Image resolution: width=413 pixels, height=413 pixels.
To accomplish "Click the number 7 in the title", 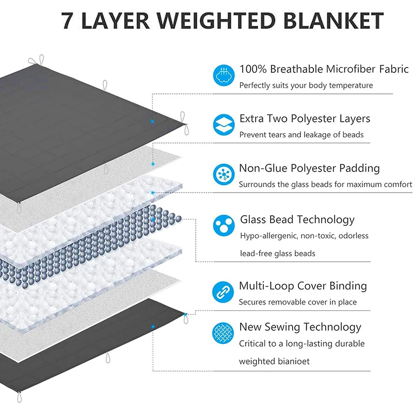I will tap(68, 21).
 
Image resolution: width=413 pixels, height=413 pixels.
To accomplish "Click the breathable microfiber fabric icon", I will tap(224, 75).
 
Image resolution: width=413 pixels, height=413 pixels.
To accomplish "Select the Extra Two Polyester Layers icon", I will tap(224, 124).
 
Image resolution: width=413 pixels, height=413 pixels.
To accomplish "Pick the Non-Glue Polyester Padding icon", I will tap(224, 174).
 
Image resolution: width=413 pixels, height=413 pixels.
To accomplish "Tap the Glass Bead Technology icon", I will tap(224, 225).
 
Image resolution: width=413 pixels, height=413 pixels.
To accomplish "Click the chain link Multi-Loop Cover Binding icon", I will tap(224, 292).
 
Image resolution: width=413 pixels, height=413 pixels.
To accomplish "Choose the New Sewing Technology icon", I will tap(224, 333).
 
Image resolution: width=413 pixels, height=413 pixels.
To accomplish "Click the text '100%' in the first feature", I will tap(253, 69).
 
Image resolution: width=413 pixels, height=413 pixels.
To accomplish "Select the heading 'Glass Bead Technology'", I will tap(297, 220).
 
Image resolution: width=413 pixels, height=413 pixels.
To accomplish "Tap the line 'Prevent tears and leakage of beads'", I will tap(301, 135).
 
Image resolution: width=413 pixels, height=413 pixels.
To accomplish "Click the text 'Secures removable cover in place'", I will tap(297, 302).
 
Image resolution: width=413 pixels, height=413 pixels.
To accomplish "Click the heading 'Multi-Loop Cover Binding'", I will tap(303, 286).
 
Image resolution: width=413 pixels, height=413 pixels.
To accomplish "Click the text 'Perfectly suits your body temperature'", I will tap(306, 85).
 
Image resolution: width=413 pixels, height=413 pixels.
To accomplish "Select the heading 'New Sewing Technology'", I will tap(300, 327).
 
